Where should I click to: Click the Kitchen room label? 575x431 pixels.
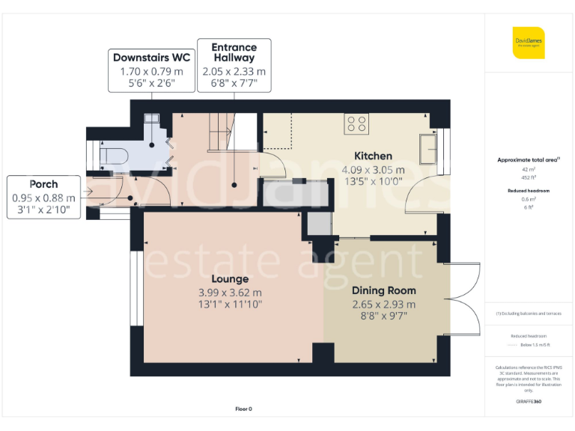tap(373, 156)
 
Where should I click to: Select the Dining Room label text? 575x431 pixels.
tap(383, 290)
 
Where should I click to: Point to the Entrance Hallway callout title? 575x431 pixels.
tap(234, 52)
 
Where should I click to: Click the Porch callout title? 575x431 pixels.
tap(43, 184)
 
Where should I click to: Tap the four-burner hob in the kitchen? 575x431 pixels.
tap(356, 123)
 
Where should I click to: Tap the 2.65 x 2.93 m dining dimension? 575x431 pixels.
tap(383, 304)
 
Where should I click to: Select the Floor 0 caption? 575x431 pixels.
tap(243, 409)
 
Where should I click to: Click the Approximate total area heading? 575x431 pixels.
tap(528, 160)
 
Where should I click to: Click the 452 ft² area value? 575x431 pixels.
tap(529, 177)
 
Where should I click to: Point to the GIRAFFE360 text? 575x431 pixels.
tap(529, 402)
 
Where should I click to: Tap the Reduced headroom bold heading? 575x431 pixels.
tap(529, 191)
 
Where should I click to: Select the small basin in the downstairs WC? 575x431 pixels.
tap(151, 119)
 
